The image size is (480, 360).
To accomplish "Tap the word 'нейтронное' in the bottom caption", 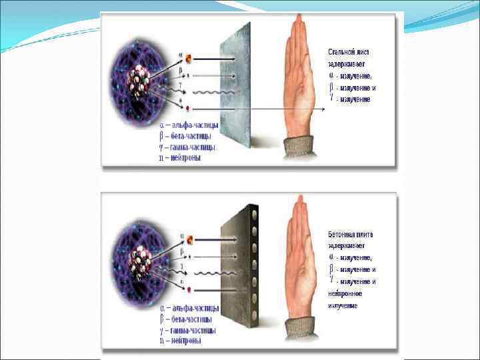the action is (x=345, y=293).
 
